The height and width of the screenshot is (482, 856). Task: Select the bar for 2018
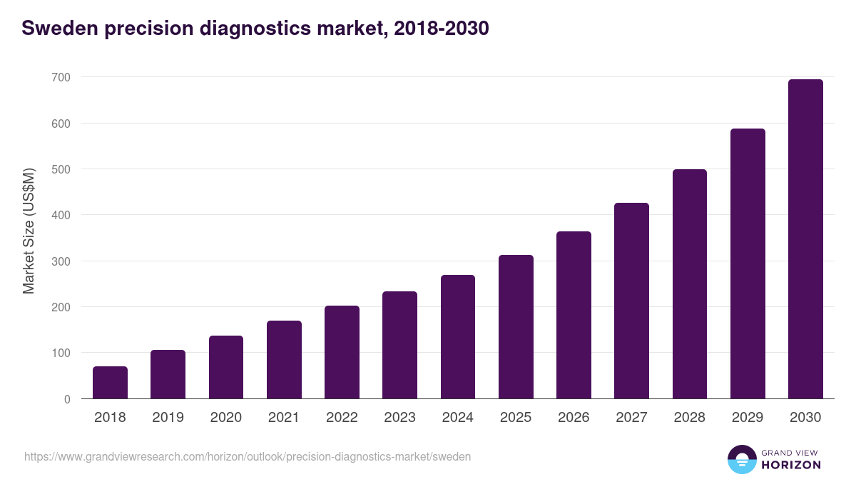[x=110, y=383]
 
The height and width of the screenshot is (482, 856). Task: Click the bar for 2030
[x=805, y=239]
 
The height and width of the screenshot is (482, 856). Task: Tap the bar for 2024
[x=458, y=337]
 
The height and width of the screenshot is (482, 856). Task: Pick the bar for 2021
[x=284, y=360]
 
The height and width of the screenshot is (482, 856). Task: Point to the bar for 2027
[x=631, y=301]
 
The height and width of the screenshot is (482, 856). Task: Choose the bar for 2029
[x=748, y=263]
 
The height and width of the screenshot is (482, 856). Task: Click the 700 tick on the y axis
[x=61, y=77]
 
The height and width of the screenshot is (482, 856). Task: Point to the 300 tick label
[x=61, y=261]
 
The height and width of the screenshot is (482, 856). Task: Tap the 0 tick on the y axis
[x=67, y=399]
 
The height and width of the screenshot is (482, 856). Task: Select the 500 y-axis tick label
[x=61, y=169]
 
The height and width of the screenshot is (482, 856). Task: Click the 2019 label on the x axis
[x=168, y=418]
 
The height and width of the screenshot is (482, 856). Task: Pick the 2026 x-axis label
[x=574, y=418]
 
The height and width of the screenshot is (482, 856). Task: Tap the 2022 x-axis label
[x=342, y=418]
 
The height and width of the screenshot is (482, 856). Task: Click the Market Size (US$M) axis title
[x=29, y=231]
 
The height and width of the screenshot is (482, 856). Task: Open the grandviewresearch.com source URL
[x=248, y=456]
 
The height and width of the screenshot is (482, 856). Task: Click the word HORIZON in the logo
[x=791, y=465]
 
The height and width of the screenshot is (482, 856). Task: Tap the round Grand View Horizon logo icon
[x=741, y=459]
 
